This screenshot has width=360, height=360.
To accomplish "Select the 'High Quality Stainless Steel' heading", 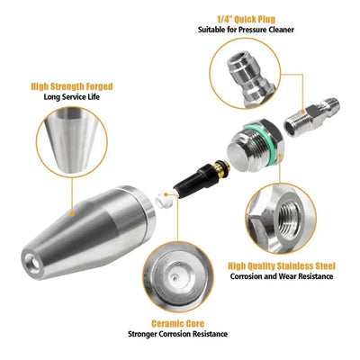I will (x=282, y=265).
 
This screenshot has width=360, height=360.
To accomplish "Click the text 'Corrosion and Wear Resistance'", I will (x=282, y=277).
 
